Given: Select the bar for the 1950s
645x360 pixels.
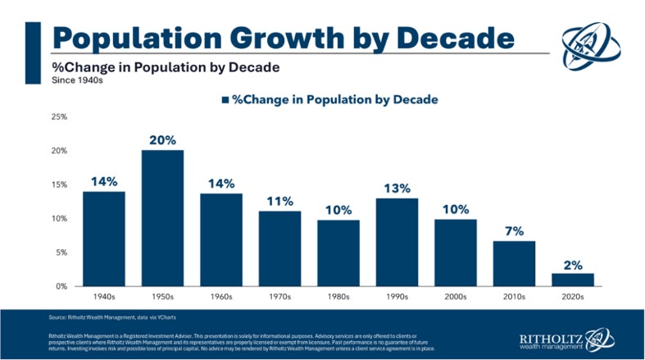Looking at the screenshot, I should [x=162, y=218].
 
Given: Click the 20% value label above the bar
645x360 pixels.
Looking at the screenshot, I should [x=162, y=140].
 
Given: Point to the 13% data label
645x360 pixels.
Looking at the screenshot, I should [x=397, y=189].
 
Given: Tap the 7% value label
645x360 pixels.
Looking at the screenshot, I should [x=514, y=231].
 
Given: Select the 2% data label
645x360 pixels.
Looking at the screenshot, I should [x=573, y=263].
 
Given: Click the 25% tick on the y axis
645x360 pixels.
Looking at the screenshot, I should [x=59, y=117].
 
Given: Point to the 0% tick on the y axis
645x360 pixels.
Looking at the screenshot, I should [x=61, y=286].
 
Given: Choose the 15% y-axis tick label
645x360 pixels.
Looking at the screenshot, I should [x=59, y=185].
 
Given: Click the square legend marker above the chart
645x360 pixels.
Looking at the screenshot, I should [x=224, y=100].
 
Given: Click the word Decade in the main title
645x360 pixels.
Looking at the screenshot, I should [x=440, y=38].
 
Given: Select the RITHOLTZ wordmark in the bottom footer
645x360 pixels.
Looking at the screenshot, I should [x=553, y=336].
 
